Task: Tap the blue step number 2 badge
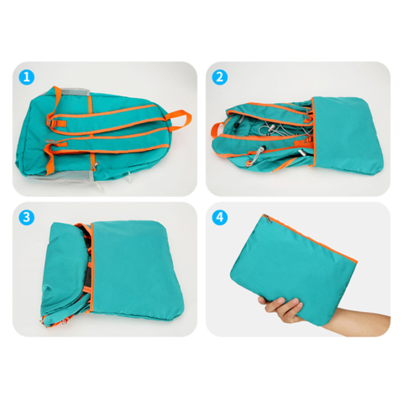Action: (220, 77)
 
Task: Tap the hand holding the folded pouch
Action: (281, 310)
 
